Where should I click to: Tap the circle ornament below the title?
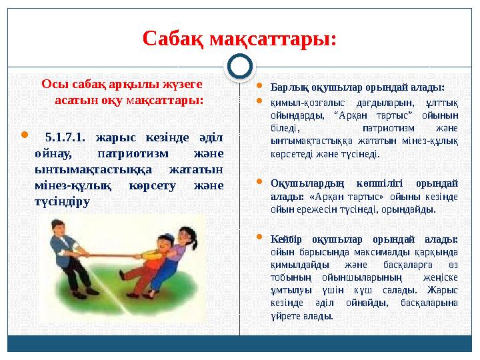click(x=240, y=67)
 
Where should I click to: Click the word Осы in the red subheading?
click(x=51, y=84)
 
